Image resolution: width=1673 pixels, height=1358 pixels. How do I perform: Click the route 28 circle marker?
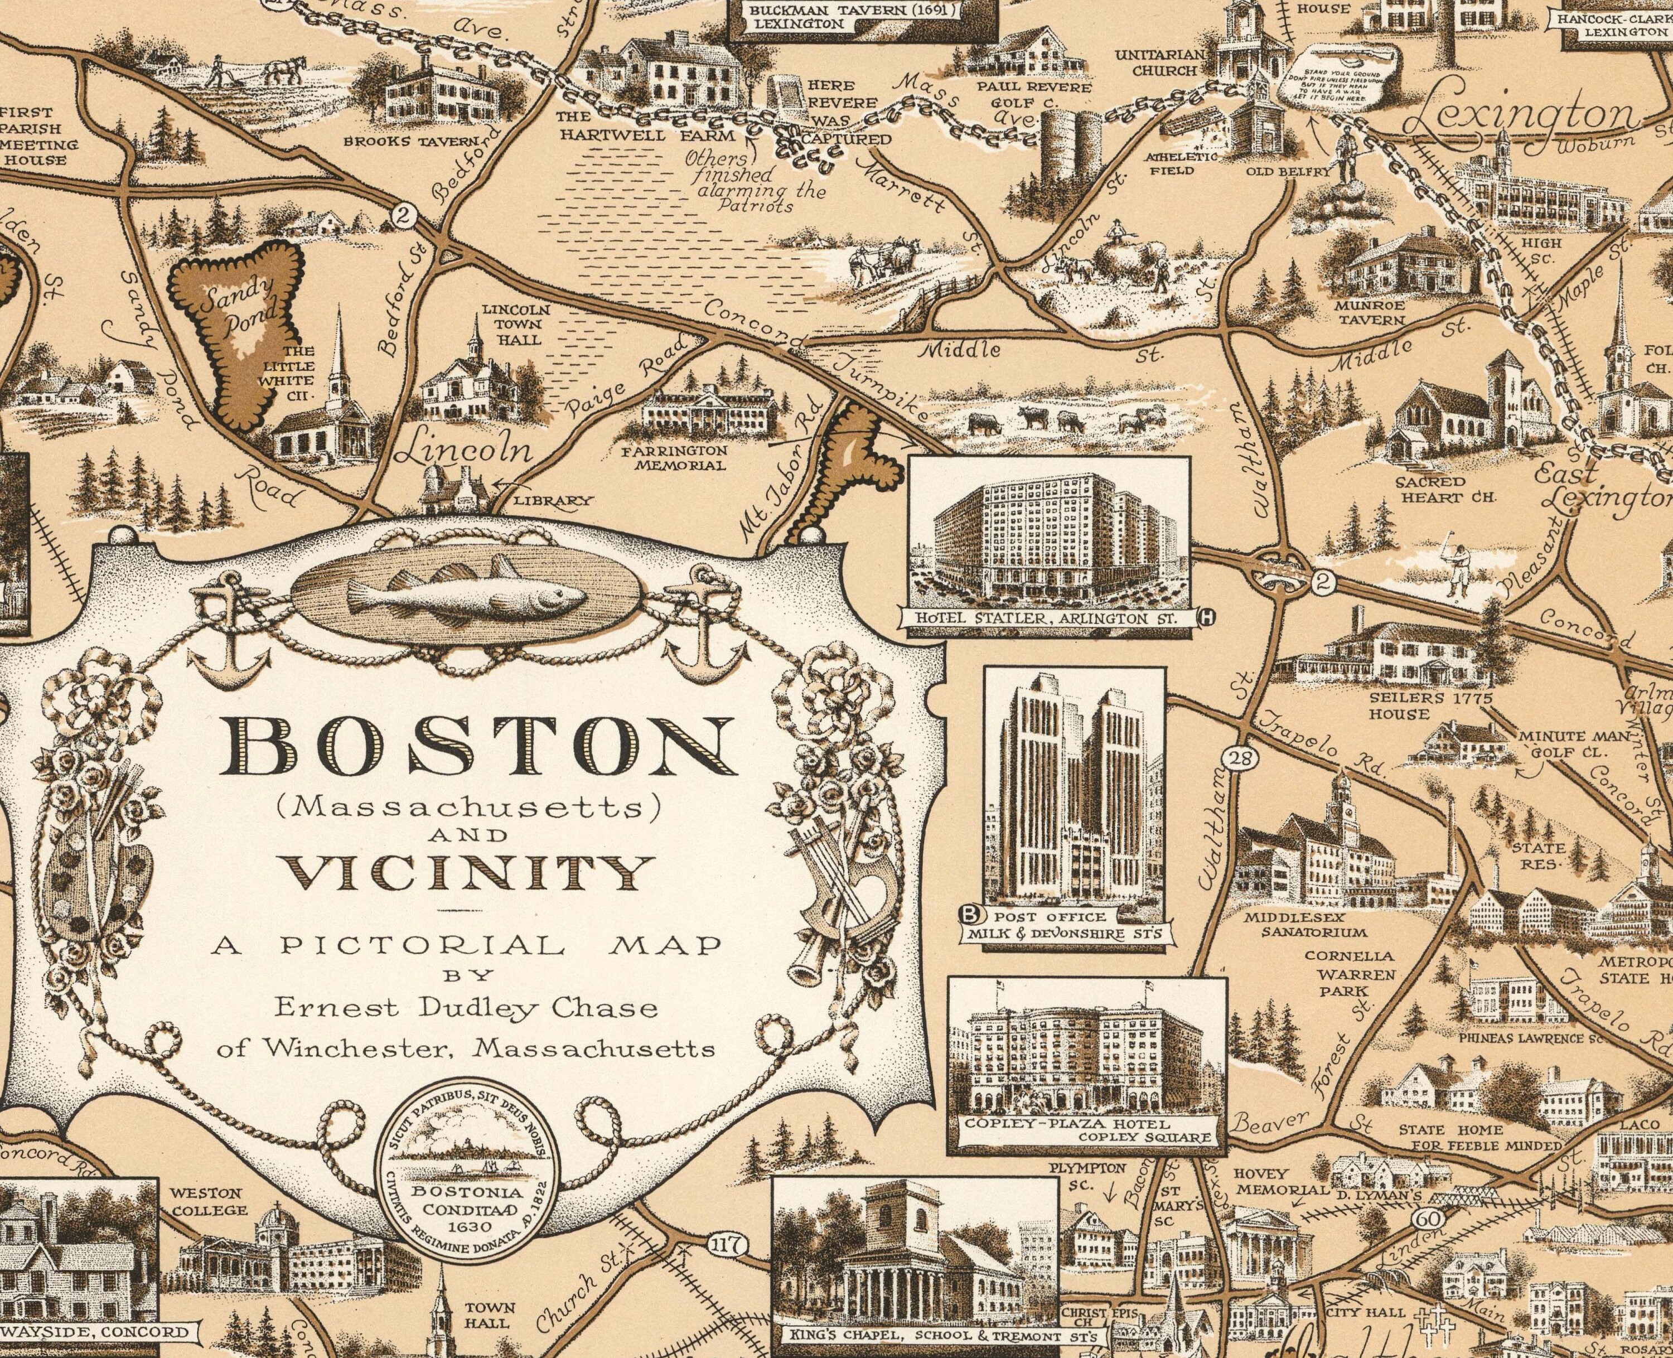point(1236,757)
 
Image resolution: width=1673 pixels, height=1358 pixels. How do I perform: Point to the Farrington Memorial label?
point(674,458)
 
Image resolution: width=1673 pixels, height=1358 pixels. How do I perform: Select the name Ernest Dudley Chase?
point(466,1008)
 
